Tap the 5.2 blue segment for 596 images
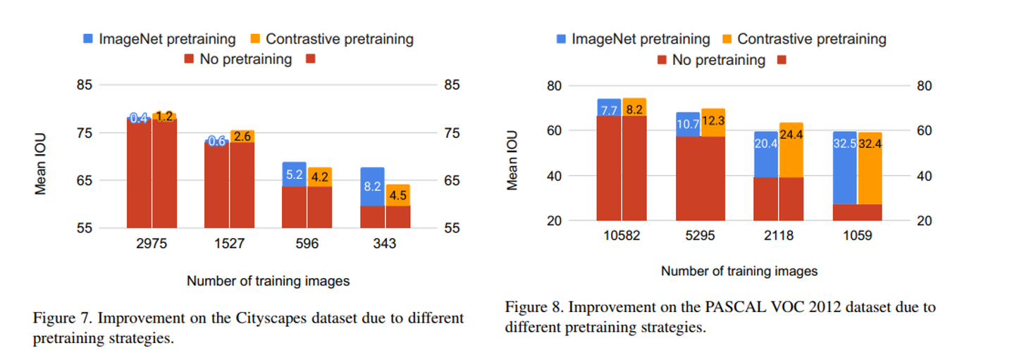click(x=294, y=174)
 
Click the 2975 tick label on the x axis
click(x=152, y=244)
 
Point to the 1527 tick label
click(x=229, y=244)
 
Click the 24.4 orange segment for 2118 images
click(x=791, y=150)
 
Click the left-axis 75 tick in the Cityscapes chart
click(x=84, y=133)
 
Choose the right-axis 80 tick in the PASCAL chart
click(x=921, y=86)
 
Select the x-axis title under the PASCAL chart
click(x=739, y=271)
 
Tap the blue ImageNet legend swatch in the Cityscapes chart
click(x=88, y=39)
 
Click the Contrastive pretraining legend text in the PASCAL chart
click(x=811, y=39)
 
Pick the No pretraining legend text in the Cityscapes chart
click(x=245, y=59)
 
